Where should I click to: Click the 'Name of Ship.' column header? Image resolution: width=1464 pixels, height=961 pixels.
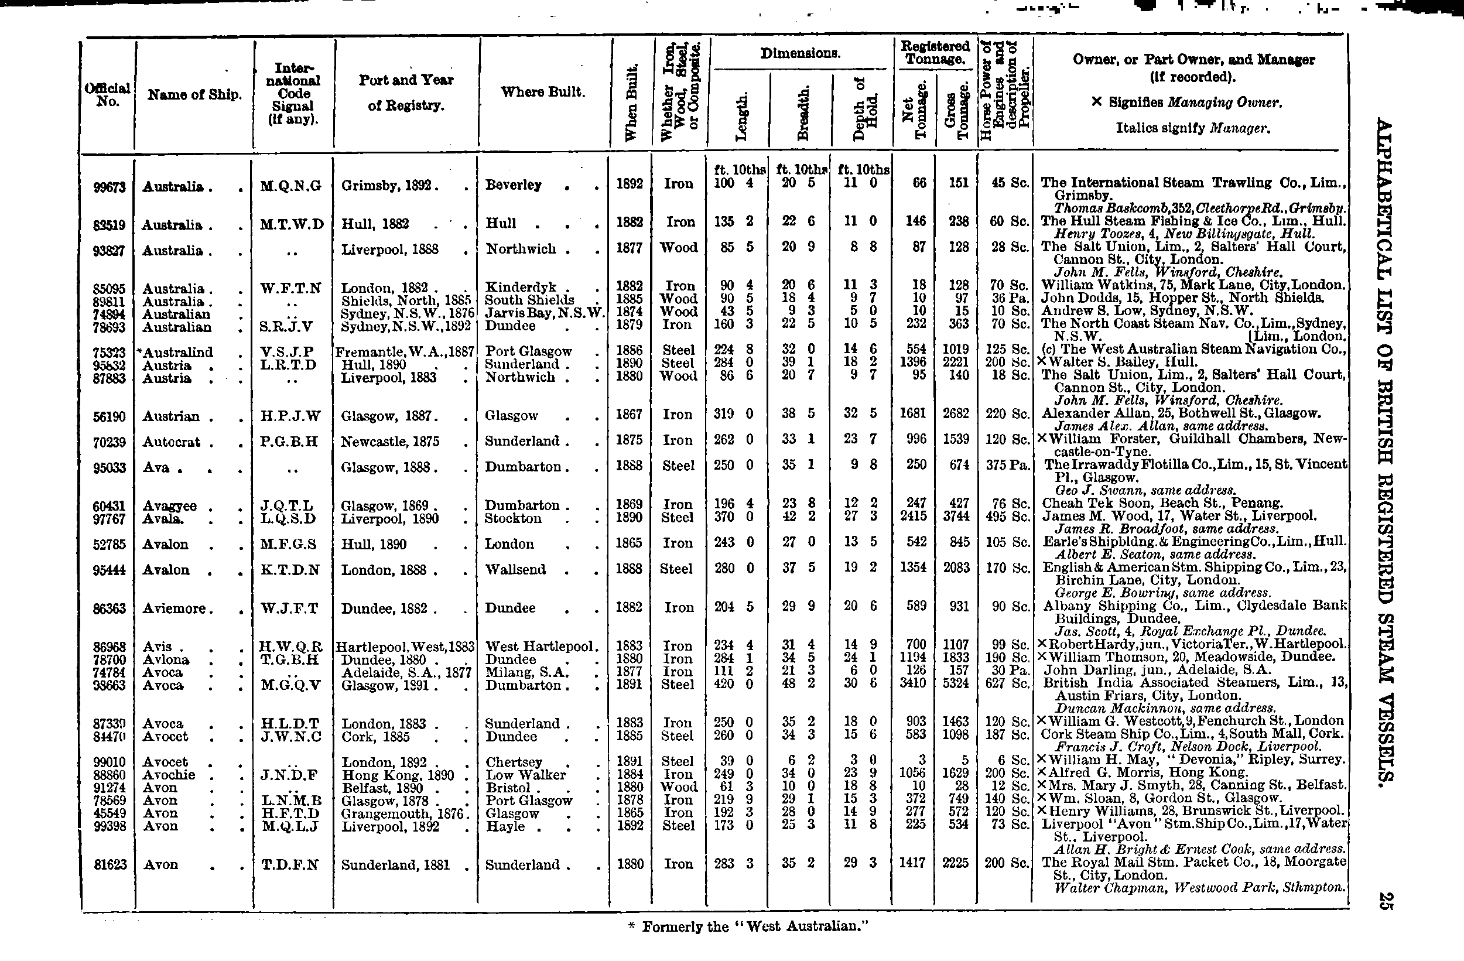pos(194,95)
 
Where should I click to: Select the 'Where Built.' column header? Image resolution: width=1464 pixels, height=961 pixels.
pos(542,93)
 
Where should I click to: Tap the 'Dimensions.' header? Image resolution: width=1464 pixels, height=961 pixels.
pos(801,53)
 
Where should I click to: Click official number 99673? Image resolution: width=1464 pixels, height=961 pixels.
pos(108,186)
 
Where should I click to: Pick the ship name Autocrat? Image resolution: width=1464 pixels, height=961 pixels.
pos(171,442)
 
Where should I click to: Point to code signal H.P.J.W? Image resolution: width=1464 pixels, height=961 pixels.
pos(290,416)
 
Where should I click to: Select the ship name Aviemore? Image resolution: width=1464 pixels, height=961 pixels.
pos(174,608)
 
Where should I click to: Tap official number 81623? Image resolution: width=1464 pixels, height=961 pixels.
pos(109,865)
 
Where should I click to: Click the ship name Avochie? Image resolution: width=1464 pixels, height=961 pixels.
pos(169,775)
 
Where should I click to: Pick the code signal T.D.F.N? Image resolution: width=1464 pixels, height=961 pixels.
pos(290,865)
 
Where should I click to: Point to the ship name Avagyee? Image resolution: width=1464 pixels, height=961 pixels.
pos(169,506)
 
